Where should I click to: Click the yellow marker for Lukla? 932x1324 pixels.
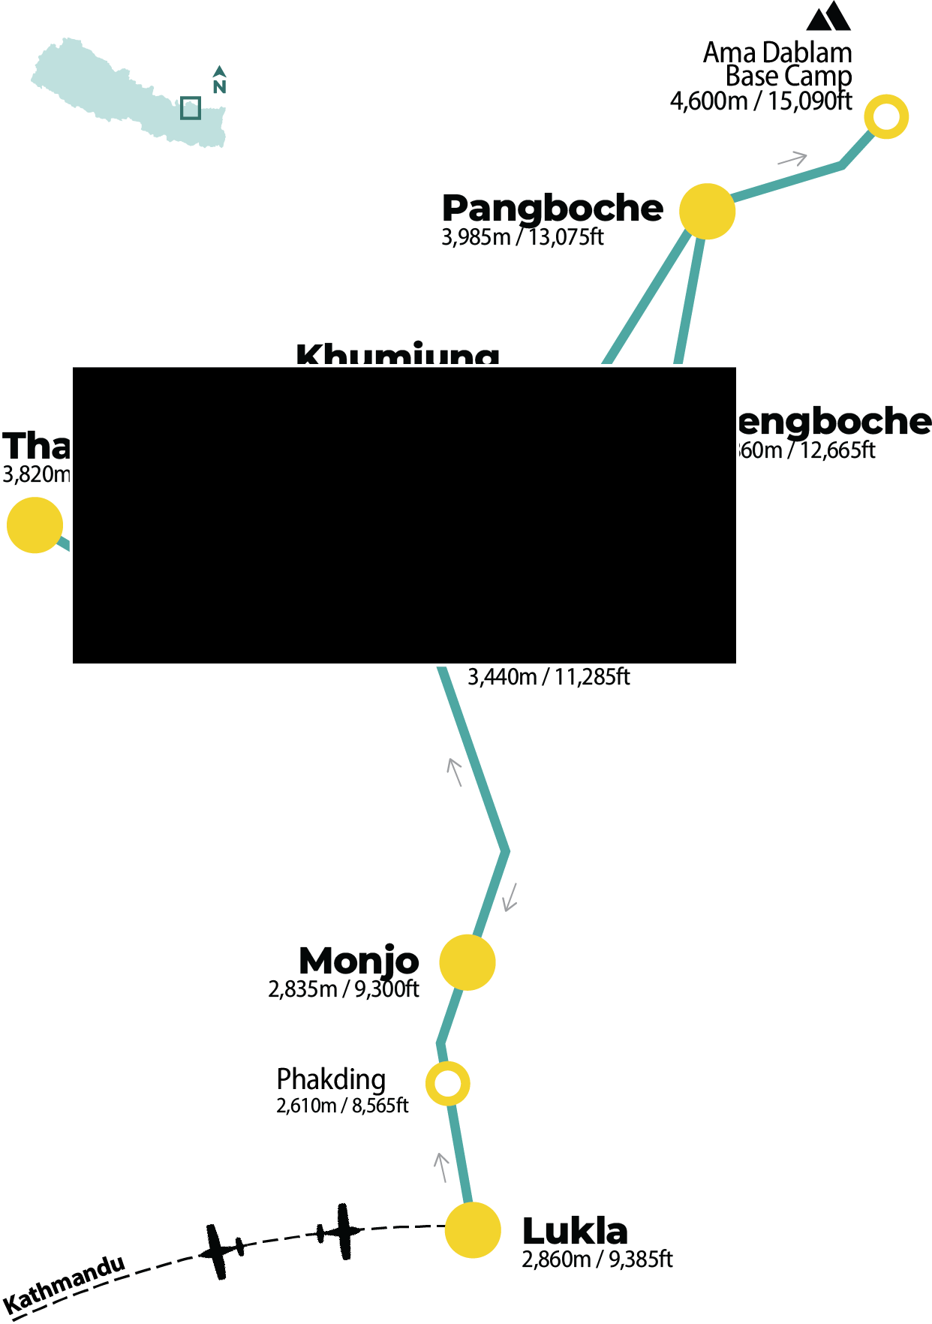click(473, 1229)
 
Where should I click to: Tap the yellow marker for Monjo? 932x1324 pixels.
click(467, 962)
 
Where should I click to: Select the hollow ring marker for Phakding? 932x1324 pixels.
click(448, 1084)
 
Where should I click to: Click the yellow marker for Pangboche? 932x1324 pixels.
click(707, 212)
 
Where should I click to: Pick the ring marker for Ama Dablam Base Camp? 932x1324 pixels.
click(886, 117)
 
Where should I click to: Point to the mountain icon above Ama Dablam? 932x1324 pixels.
click(829, 17)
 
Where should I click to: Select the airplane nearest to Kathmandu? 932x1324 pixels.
click(221, 1250)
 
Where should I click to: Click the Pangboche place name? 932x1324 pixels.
click(552, 208)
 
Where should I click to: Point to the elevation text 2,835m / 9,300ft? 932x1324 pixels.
click(344, 989)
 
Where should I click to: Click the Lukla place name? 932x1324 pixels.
click(575, 1232)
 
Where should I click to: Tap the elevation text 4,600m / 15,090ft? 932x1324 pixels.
click(761, 101)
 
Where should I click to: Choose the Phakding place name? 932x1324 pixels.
click(331, 1079)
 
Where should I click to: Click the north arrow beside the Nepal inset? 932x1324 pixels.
click(219, 80)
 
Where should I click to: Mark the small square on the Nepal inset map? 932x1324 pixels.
click(191, 108)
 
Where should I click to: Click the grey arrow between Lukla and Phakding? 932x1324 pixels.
click(441, 1167)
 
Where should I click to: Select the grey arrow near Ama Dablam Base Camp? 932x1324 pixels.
click(792, 158)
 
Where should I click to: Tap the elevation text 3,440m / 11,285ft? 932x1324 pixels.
click(549, 677)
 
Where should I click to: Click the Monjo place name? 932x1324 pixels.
click(359, 961)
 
